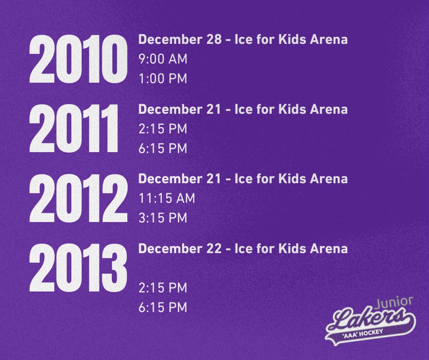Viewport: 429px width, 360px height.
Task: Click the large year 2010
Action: click(78, 59)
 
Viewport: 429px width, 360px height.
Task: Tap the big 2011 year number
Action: click(73, 128)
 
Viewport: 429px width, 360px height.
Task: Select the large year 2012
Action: click(78, 198)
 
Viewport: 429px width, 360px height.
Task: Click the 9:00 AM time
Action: click(163, 59)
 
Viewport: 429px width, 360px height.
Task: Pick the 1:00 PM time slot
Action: click(163, 79)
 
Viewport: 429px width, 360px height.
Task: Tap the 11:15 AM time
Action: click(167, 198)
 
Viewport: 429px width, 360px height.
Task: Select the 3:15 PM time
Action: click(163, 218)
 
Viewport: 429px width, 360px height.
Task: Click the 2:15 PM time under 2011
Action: click(163, 129)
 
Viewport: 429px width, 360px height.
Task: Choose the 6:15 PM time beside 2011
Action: click(163, 148)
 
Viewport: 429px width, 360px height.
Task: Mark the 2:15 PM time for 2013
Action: click(163, 288)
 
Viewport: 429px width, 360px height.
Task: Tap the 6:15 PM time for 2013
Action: click(163, 307)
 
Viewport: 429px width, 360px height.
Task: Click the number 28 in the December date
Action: click(214, 39)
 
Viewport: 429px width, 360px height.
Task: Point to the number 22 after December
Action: click(214, 249)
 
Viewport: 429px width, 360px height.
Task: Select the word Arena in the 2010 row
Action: click(329, 39)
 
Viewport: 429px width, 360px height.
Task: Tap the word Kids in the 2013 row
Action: click(292, 249)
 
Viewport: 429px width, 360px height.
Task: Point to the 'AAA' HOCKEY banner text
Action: click(363, 334)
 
